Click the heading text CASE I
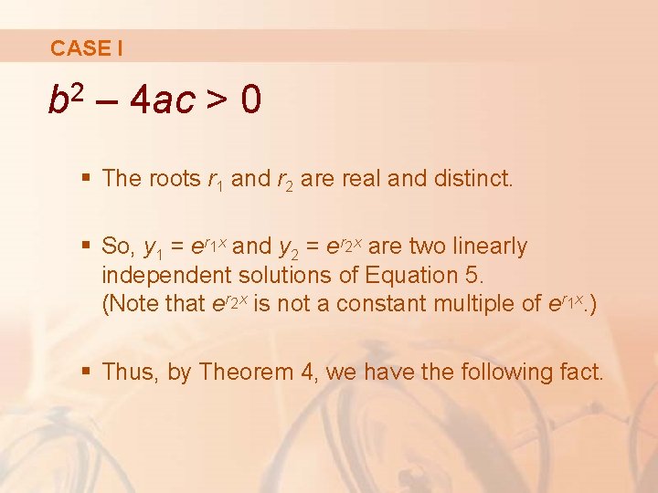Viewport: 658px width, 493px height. tap(87, 47)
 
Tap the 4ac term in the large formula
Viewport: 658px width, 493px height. tap(163, 101)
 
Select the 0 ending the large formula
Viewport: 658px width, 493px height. tap(251, 101)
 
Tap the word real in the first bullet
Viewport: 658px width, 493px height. tap(362, 178)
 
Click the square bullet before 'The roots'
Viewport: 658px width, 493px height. tap(88, 178)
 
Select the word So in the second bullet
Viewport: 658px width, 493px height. tap(116, 246)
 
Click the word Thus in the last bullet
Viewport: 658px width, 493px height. tap(128, 372)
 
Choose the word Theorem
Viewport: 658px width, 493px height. tap(240, 372)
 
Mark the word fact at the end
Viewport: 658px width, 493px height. tap(580, 372)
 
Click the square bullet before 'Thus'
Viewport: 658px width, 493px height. tap(88, 372)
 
